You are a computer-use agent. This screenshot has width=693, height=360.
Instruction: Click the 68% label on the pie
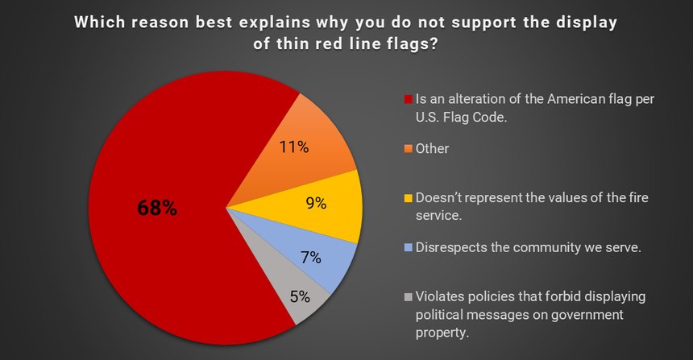pyautogui.click(x=157, y=208)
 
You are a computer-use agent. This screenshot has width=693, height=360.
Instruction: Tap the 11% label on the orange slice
pyautogui.click(x=293, y=147)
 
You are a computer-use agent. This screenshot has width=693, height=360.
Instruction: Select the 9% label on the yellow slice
pyautogui.click(x=316, y=203)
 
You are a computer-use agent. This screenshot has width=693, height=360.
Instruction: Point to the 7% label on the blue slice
pyautogui.click(x=311, y=257)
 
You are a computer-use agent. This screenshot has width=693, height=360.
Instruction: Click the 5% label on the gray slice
pyautogui.click(x=300, y=296)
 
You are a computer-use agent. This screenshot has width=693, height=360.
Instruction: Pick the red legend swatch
pyautogui.click(x=408, y=99)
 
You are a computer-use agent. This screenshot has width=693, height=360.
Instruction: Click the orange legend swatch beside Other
pyautogui.click(x=408, y=149)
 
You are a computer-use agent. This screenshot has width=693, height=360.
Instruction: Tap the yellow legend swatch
pyautogui.click(x=408, y=198)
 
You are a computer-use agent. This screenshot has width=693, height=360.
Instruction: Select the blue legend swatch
pyautogui.click(x=408, y=247)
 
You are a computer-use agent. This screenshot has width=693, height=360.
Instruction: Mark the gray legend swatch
pyautogui.click(x=408, y=297)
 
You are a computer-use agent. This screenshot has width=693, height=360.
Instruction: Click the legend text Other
pyautogui.click(x=432, y=149)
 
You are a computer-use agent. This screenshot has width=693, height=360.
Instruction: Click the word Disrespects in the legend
pyautogui.click(x=451, y=248)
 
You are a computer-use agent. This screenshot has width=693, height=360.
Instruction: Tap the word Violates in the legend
pyautogui.click(x=439, y=296)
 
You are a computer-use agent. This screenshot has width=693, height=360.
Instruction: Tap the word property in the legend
pyautogui.click(x=442, y=333)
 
